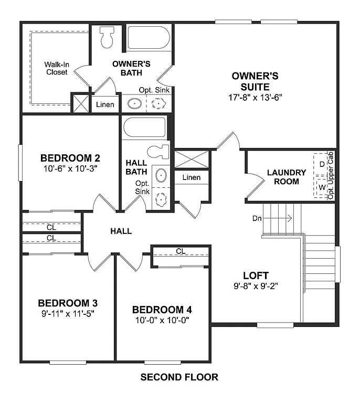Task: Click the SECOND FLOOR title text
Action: (x=179, y=377)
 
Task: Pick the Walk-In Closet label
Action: (x=56, y=68)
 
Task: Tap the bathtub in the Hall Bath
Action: (x=144, y=128)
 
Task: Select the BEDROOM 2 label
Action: (x=70, y=158)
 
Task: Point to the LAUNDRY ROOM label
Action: (x=286, y=177)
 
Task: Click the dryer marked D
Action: (x=322, y=164)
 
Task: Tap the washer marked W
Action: (x=322, y=187)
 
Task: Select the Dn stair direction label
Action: (x=257, y=218)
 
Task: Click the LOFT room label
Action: (x=256, y=275)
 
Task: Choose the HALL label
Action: (x=121, y=231)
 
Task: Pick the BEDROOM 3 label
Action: (x=68, y=303)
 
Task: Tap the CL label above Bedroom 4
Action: (x=181, y=251)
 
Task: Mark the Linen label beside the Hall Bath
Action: (x=191, y=177)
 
